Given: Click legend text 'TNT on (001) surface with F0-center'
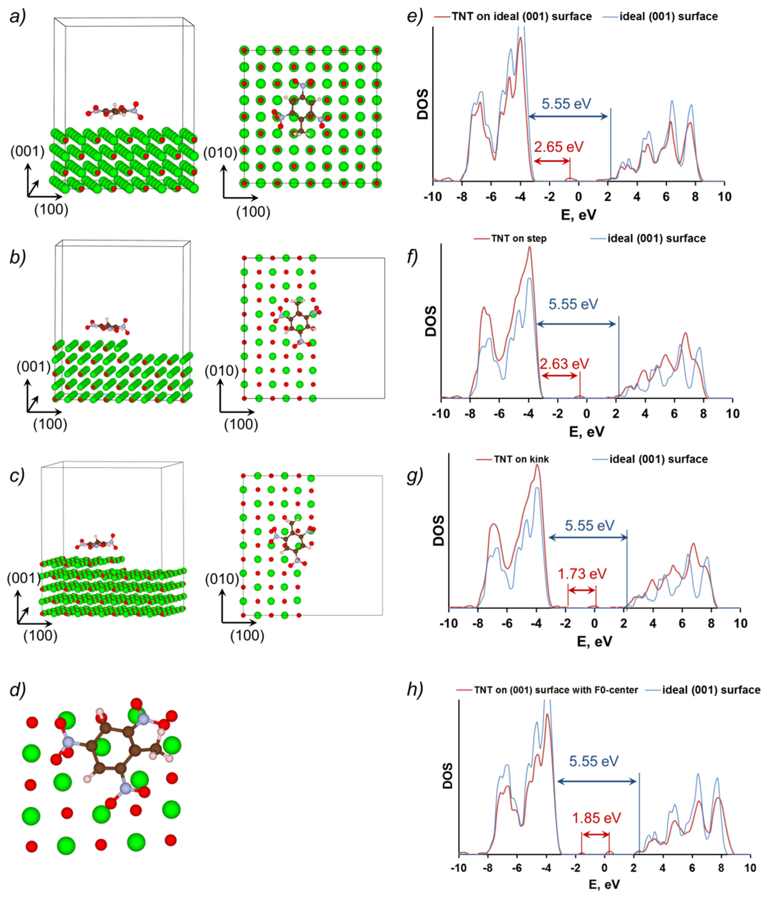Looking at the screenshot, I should [x=556, y=690].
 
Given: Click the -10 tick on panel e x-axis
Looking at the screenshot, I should [x=433, y=197].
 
